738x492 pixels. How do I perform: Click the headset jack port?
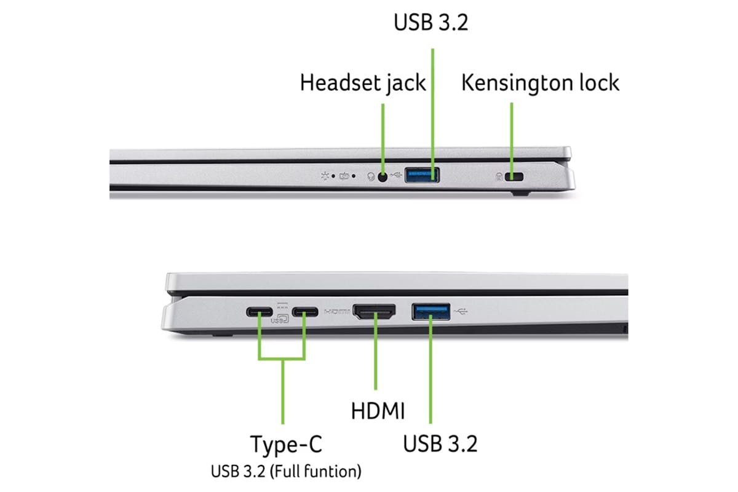(x=382, y=177)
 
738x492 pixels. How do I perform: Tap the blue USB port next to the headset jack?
(x=422, y=175)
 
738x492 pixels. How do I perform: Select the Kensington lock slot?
(x=514, y=177)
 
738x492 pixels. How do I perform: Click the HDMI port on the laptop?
(x=374, y=311)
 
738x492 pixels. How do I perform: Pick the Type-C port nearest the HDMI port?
(x=305, y=312)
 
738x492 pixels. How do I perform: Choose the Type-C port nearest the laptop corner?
(x=260, y=312)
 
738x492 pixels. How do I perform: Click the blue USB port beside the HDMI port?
(x=431, y=312)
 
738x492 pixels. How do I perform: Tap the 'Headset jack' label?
(x=363, y=82)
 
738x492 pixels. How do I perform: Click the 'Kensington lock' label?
(x=541, y=82)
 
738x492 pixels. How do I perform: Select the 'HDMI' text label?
(x=378, y=411)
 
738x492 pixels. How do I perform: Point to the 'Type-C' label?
(x=286, y=445)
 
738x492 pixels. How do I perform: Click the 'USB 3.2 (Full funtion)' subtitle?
(x=286, y=471)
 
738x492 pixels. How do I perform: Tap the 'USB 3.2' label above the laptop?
(x=431, y=22)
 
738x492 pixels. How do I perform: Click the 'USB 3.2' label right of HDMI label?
(x=440, y=443)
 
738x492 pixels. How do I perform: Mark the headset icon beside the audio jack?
(x=371, y=177)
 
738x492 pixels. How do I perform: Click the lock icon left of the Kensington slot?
(x=499, y=177)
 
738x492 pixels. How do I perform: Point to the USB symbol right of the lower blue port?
(x=461, y=311)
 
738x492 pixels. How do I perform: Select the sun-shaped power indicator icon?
(x=325, y=177)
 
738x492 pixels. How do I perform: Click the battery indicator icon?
(x=344, y=177)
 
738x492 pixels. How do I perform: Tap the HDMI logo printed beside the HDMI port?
(x=337, y=311)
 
